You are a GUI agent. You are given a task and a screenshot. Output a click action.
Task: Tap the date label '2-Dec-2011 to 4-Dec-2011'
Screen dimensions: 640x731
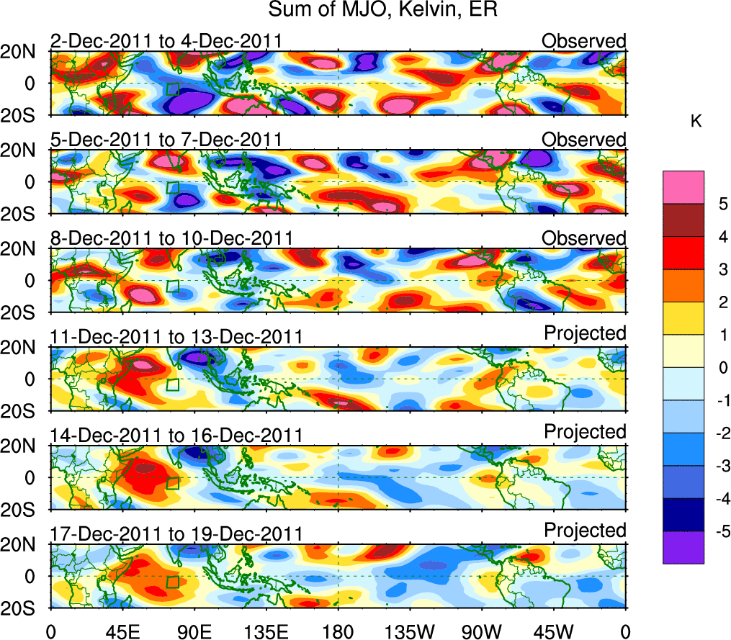[166, 41]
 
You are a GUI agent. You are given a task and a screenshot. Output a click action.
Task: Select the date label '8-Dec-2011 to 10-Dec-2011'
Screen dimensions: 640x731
[171, 238]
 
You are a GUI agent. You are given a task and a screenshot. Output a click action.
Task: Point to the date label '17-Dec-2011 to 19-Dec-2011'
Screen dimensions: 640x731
[176, 534]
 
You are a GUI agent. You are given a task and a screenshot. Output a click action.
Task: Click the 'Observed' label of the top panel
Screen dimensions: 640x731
[584, 41]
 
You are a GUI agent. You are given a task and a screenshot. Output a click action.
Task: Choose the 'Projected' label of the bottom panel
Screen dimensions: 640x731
[585, 531]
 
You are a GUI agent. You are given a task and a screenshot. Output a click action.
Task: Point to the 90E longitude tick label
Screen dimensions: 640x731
[194, 631]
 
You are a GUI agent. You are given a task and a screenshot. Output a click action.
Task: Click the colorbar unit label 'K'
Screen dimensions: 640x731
[696, 122]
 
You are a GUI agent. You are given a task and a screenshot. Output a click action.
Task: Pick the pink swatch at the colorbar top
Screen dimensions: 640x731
[683, 186]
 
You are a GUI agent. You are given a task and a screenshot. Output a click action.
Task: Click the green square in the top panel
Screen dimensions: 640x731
[172, 89]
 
